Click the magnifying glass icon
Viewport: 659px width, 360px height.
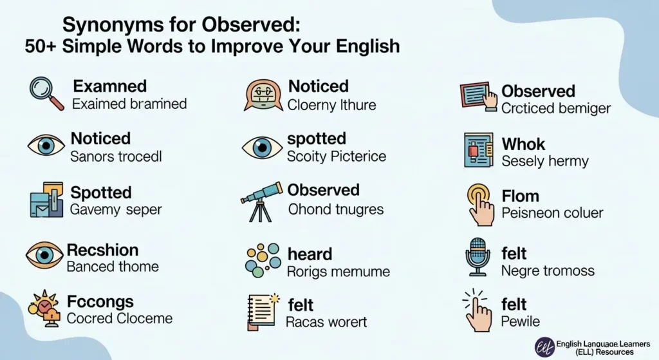pos(46,93)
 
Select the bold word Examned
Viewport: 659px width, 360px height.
pos(109,86)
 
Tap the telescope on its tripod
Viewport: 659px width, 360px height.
pos(261,201)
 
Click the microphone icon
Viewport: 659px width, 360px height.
pos(478,256)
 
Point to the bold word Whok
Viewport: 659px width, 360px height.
pos(523,144)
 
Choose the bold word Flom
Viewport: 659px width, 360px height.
pos(520,196)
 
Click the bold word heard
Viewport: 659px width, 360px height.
pos(310,254)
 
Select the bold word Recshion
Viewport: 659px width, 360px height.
pos(102,250)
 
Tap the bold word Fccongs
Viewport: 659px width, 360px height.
pos(100,301)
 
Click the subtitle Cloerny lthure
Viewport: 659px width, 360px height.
pos(331,104)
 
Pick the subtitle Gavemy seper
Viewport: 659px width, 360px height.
pos(116,209)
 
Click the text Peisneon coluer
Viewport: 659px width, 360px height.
pos(552,213)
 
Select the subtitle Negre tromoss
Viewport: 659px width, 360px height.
pos(548,270)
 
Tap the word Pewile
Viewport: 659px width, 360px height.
pos(521,321)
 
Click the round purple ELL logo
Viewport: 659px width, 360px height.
pos(545,347)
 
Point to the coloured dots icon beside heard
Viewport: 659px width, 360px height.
pos(263,260)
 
